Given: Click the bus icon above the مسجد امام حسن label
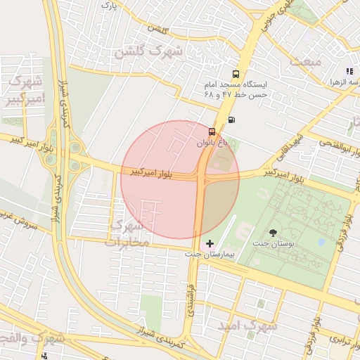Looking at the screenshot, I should click(236, 73).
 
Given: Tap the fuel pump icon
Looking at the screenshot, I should click(232, 119).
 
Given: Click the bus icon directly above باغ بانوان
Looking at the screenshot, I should click(212, 131).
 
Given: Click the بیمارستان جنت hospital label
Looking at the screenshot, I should click(213, 252).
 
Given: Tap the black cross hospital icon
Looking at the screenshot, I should click(210, 243).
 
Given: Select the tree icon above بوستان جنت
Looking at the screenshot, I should click(273, 233).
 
